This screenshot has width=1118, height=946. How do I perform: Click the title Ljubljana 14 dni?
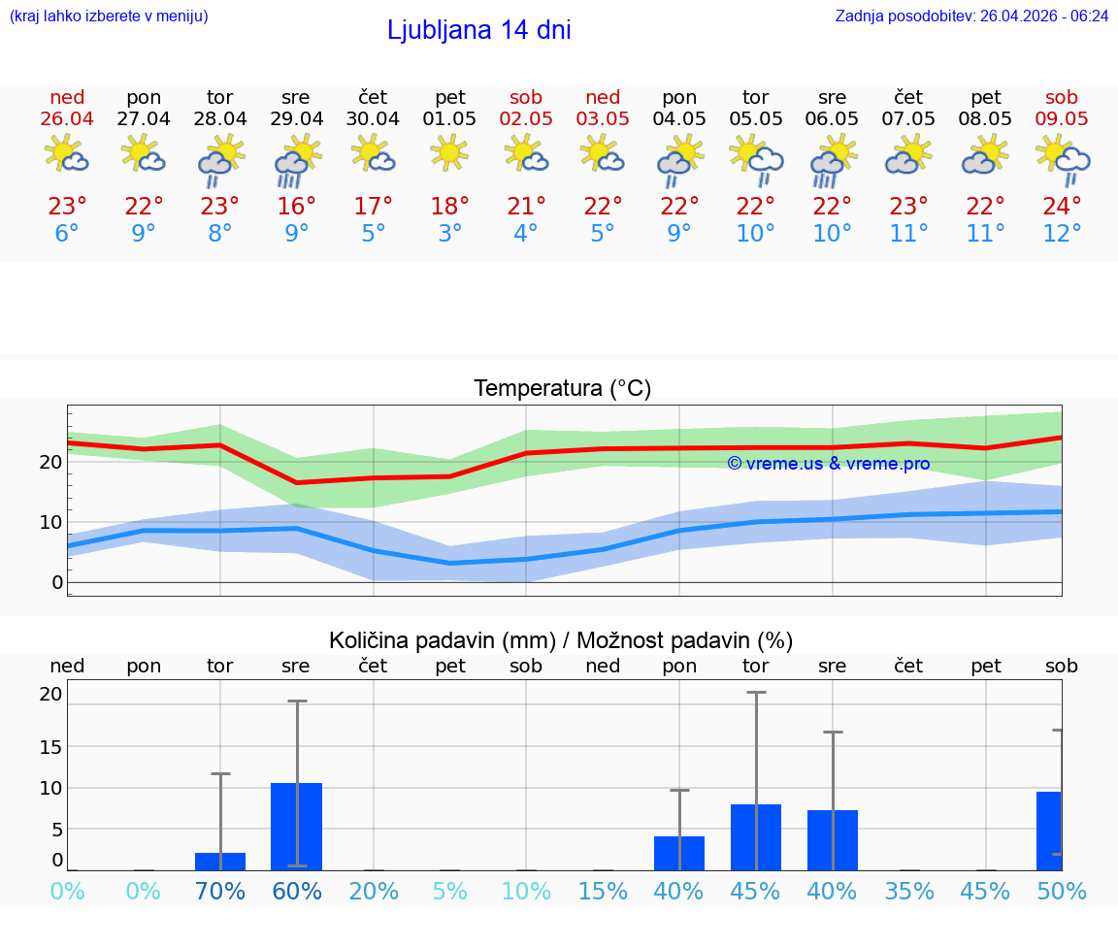(x=478, y=30)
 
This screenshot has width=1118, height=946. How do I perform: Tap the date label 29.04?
(x=296, y=119)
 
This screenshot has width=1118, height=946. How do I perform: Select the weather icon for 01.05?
(x=449, y=153)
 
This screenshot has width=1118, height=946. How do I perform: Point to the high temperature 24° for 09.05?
(x=1062, y=207)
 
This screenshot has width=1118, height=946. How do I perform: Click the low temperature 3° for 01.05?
(x=449, y=234)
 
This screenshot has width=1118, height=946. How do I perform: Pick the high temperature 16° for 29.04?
(x=296, y=207)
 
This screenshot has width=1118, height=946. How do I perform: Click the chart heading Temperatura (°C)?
(x=562, y=389)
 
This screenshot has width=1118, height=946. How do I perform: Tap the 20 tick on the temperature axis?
(x=50, y=462)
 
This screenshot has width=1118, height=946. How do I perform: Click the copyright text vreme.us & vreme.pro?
(x=829, y=464)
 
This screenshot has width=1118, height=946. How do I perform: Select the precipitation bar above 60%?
(x=296, y=826)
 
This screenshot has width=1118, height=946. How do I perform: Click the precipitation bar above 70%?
(x=220, y=861)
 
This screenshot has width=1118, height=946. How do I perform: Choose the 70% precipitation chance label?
(x=220, y=891)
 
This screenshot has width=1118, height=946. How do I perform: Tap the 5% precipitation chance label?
(x=449, y=891)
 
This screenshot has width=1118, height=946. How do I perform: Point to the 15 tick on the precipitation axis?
(x=50, y=746)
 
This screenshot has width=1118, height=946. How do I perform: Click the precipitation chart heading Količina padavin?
(x=561, y=640)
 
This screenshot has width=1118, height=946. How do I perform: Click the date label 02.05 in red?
(x=525, y=119)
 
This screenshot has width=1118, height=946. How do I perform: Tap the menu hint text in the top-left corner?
(x=109, y=16)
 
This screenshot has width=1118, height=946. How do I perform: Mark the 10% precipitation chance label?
(x=525, y=891)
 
